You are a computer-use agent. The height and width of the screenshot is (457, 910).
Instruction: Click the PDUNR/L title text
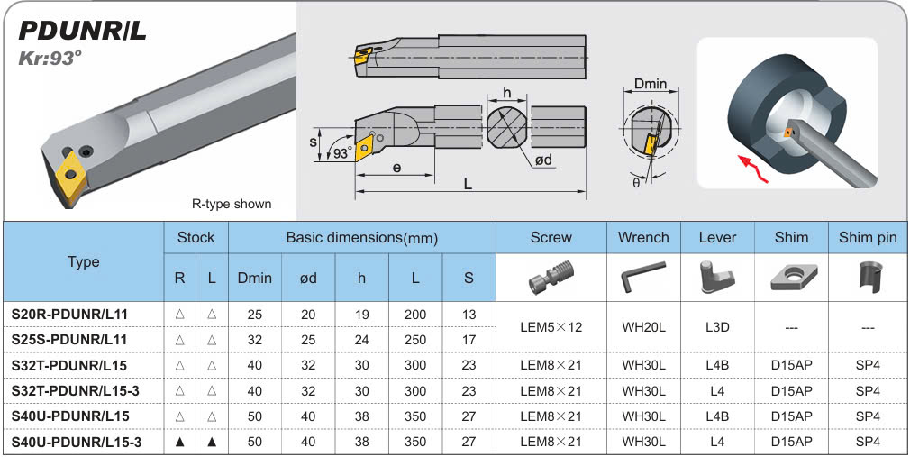click(x=82, y=32)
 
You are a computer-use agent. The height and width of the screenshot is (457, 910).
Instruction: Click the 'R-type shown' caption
click(x=232, y=204)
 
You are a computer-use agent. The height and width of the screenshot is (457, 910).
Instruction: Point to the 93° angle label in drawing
click(x=341, y=153)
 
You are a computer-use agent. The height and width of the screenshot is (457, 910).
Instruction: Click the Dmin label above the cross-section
click(x=650, y=85)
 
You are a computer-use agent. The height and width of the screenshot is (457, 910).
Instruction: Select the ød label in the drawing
click(x=544, y=160)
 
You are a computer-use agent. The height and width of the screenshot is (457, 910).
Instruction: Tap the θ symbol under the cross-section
click(x=636, y=182)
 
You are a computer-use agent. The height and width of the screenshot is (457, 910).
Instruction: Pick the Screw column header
click(x=551, y=237)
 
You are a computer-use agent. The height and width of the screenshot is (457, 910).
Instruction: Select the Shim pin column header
click(x=867, y=237)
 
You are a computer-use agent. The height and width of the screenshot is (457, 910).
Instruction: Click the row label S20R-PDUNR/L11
click(x=69, y=313)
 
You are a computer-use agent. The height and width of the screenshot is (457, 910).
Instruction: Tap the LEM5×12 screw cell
click(x=551, y=326)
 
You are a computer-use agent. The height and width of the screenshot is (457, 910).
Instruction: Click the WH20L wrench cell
click(x=643, y=326)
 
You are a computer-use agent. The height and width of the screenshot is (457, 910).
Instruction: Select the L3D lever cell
click(x=717, y=326)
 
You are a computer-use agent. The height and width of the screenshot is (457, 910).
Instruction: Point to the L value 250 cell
click(x=415, y=339)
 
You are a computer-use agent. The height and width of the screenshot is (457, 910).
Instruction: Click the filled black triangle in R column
click(x=180, y=442)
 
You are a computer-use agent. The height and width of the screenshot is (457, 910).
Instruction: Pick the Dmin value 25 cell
click(x=254, y=313)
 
